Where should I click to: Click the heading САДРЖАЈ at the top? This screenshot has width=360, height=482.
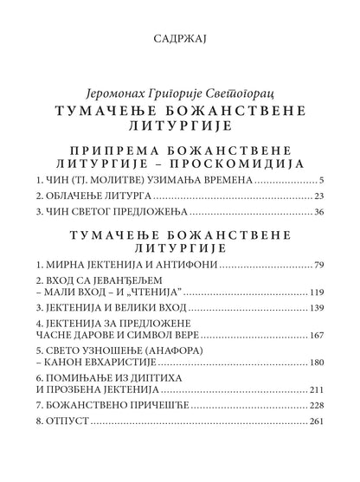pos(180,39)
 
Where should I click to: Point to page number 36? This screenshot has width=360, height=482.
pos(318,212)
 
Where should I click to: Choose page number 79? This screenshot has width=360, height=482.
pos(318,264)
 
